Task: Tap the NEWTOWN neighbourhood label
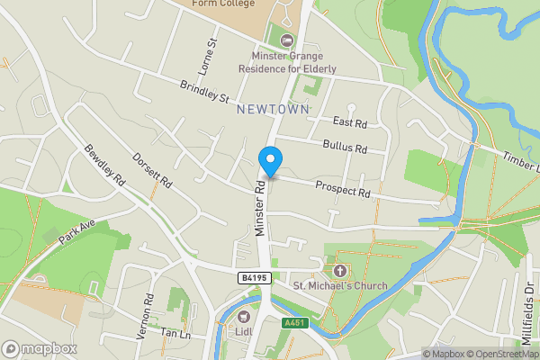pos(273,109)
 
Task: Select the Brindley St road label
pos(205,92)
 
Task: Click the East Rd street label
pos(350,122)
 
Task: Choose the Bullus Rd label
pos(346,148)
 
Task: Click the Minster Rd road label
pos(259,210)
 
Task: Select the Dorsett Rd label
pos(152,169)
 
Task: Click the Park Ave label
pos(76,231)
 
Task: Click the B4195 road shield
pos(253,279)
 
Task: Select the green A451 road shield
pos(295,322)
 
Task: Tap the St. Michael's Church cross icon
pos(340,270)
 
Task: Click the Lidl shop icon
pos(244,316)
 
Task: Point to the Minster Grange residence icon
pos(287,40)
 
